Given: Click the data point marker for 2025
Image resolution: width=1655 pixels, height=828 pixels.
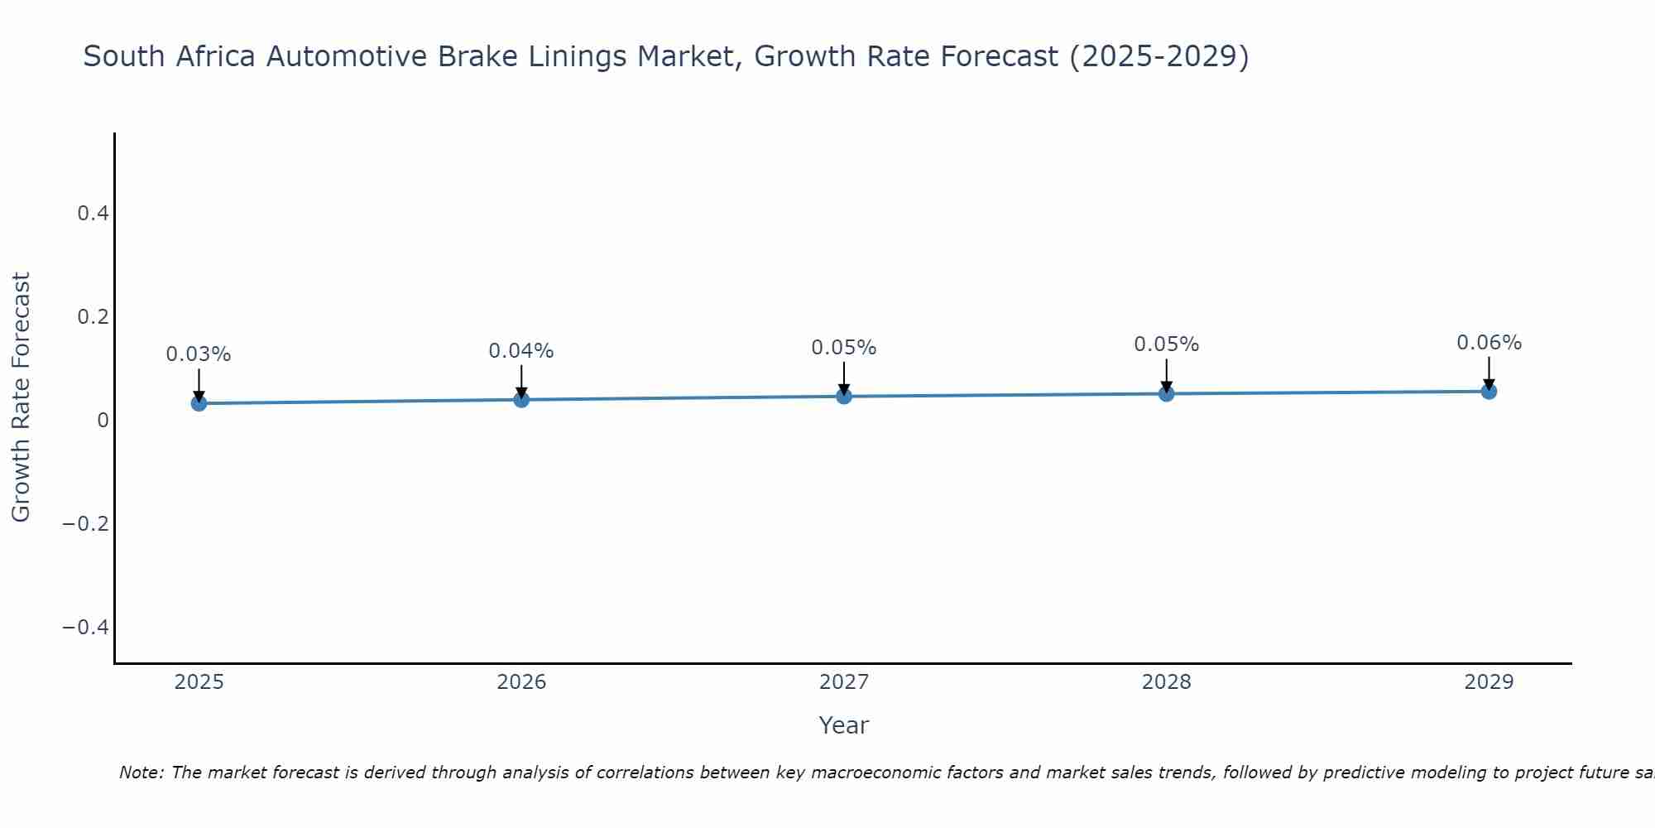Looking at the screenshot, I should click(199, 403).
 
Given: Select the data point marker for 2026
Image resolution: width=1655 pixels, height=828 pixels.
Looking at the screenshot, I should click(521, 400).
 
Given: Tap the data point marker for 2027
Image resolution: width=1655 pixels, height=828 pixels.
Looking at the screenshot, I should click(844, 397).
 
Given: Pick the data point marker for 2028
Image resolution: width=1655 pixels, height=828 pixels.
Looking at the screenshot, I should click(1166, 393).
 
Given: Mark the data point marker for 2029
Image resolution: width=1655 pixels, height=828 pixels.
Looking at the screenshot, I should click(1489, 391).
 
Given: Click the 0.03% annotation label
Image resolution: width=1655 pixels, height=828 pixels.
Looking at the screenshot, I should click(199, 354).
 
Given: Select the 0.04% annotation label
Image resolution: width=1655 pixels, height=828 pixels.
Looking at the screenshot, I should click(521, 351).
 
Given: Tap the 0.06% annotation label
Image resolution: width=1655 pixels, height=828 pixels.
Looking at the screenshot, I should click(1489, 343).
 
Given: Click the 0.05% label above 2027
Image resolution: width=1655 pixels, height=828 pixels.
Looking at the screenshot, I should click(844, 348).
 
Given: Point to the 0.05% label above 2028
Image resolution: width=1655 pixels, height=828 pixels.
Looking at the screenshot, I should click(1166, 344).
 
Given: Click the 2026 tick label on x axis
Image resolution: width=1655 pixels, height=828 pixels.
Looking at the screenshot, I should click(521, 682).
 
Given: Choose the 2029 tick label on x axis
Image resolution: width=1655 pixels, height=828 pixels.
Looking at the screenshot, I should click(1489, 682).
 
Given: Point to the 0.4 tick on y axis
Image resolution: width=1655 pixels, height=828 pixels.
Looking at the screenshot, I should click(93, 214).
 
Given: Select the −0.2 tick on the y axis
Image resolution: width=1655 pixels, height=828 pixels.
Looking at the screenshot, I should click(86, 523).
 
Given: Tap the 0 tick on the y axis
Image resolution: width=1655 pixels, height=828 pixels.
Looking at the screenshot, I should click(103, 421).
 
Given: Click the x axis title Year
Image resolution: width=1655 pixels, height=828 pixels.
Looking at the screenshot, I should click(843, 725).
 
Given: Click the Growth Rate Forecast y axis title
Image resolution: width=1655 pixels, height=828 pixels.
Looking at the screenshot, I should click(21, 397).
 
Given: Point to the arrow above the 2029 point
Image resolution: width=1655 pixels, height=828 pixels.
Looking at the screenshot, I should click(1489, 373).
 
